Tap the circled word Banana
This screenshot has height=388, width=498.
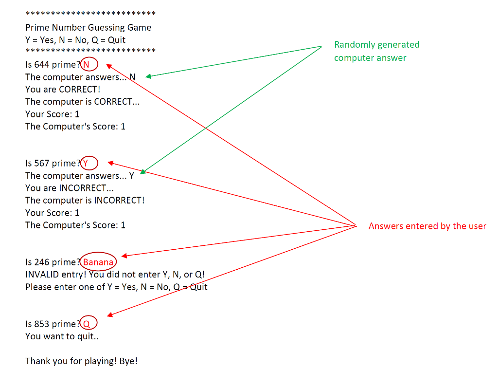pyautogui.click(x=98, y=262)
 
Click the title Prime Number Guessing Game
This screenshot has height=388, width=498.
pyautogui.click(x=88, y=28)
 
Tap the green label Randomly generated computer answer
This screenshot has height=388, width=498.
pyautogui.click(x=376, y=51)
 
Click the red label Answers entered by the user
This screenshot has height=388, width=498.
pyautogui.click(x=427, y=226)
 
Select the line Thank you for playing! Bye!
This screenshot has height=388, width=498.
pyautogui.click(x=81, y=361)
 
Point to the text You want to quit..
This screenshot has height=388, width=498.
pyautogui.click(x=62, y=336)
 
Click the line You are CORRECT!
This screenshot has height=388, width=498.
pyautogui.click(x=63, y=90)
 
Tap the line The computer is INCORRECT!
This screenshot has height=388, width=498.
pyautogui.click(x=85, y=201)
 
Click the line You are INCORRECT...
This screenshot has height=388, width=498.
pyautogui.click(x=66, y=188)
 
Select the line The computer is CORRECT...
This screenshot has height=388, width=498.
pyautogui.click(x=82, y=102)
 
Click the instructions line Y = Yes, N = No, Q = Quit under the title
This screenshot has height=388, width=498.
pyautogui.click(x=75, y=40)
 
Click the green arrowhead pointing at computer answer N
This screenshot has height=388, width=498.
pyautogui.click(x=148, y=76)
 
